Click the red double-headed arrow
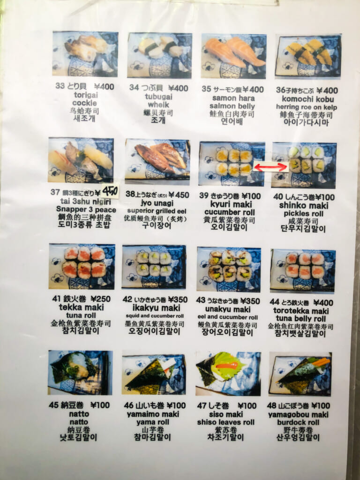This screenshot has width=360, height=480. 270,166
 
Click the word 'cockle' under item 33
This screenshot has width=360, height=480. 84,103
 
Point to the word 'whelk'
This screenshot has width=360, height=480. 158,104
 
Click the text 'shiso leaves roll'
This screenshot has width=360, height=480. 226,422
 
